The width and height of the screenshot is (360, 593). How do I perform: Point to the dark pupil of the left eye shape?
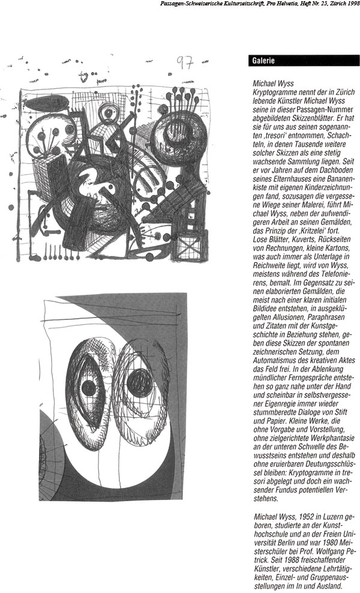91,385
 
